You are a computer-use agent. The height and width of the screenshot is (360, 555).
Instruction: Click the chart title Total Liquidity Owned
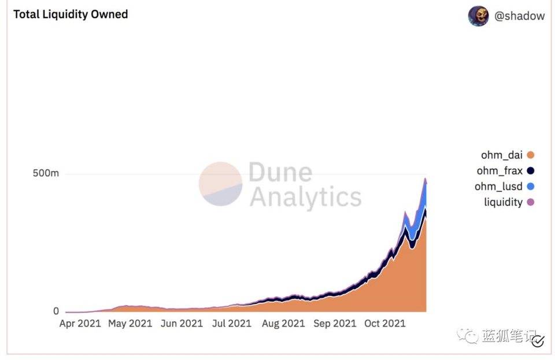[x=71, y=14]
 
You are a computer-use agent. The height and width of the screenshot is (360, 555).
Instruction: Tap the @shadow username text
[x=519, y=16]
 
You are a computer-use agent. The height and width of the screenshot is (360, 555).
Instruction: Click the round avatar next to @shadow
[x=478, y=16]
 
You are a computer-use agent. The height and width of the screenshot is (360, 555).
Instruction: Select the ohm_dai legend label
[x=501, y=155]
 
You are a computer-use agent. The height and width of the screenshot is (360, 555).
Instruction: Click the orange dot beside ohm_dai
[x=531, y=155]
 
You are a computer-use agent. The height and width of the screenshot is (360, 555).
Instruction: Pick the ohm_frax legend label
[x=499, y=170]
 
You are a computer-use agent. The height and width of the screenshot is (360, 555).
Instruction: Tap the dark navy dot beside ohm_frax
[x=531, y=170]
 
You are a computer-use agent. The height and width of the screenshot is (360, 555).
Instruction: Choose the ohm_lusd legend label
[x=499, y=186]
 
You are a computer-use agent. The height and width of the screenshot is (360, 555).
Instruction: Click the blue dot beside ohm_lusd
[x=531, y=186]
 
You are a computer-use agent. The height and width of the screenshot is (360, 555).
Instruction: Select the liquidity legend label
[x=503, y=202]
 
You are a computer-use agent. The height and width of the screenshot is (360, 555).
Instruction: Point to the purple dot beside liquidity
[x=531, y=202]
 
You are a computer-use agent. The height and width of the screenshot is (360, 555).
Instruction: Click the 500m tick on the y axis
[x=45, y=173]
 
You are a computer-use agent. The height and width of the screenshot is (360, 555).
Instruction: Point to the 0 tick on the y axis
[x=56, y=311]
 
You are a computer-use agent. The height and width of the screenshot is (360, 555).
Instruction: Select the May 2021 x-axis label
[x=130, y=324]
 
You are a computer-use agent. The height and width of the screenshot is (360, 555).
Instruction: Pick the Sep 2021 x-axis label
[x=334, y=324]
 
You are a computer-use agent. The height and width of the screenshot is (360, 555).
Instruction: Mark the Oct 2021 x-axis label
[x=384, y=324]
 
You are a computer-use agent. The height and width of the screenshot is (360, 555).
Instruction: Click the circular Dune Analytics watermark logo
[x=220, y=184]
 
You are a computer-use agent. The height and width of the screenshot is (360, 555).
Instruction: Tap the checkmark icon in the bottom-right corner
[x=538, y=341]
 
